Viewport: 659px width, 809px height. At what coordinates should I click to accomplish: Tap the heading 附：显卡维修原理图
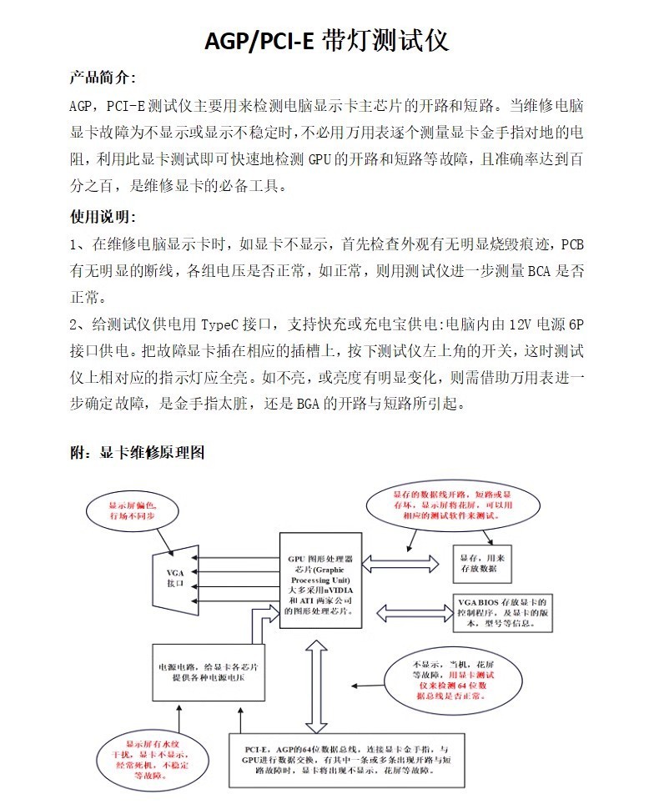pyautogui.click(x=137, y=452)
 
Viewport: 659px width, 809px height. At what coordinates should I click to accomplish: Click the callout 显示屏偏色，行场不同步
pyautogui.click(x=132, y=511)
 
